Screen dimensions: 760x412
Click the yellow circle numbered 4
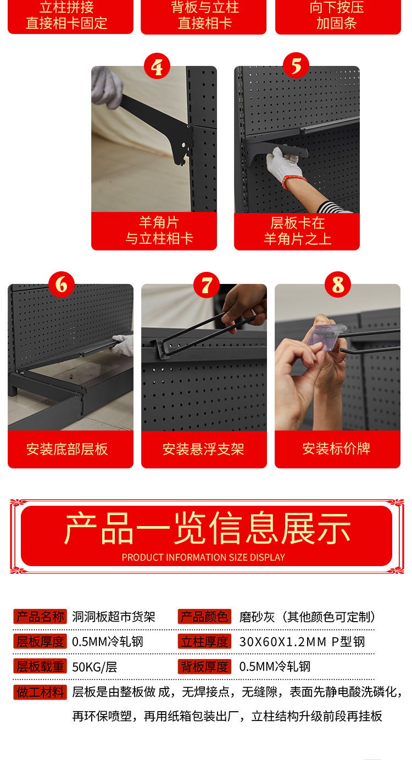point(157,67)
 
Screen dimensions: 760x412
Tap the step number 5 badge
point(296,66)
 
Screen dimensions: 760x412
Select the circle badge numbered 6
point(61,284)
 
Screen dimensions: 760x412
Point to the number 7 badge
point(207,285)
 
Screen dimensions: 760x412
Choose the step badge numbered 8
point(338,285)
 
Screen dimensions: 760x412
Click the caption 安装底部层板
point(67,449)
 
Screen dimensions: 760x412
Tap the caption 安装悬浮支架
point(203,449)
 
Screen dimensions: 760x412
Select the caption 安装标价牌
point(336,449)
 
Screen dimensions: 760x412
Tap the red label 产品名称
point(40,617)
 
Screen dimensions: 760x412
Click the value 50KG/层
point(94,667)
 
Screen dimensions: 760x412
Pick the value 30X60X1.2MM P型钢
point(302,642)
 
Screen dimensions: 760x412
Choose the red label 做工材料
point(40,692)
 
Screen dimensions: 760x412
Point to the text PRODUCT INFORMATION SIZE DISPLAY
point(203,557)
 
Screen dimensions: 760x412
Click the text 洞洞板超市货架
point(114,617)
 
